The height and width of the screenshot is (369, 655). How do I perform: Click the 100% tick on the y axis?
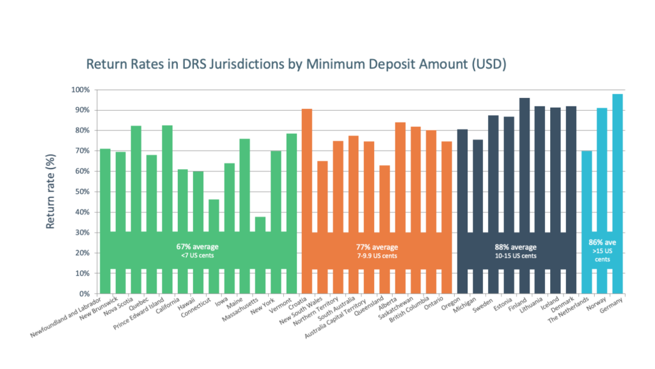point(79,90)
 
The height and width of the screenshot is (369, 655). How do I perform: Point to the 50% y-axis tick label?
point(81,192)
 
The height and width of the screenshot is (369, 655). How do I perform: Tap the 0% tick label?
point(84,294)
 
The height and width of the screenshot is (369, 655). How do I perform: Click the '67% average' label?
point(198,247)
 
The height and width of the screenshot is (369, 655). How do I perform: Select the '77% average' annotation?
point(377,247)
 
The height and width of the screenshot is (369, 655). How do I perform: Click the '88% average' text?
point(516,247)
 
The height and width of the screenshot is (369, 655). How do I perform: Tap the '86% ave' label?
point(602,243)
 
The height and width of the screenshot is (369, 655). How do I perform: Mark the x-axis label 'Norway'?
point(596,306)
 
